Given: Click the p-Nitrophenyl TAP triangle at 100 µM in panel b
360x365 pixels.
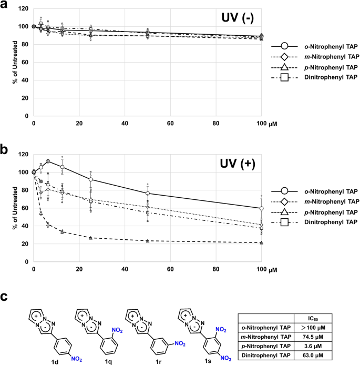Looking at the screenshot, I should [x=261, y=242].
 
